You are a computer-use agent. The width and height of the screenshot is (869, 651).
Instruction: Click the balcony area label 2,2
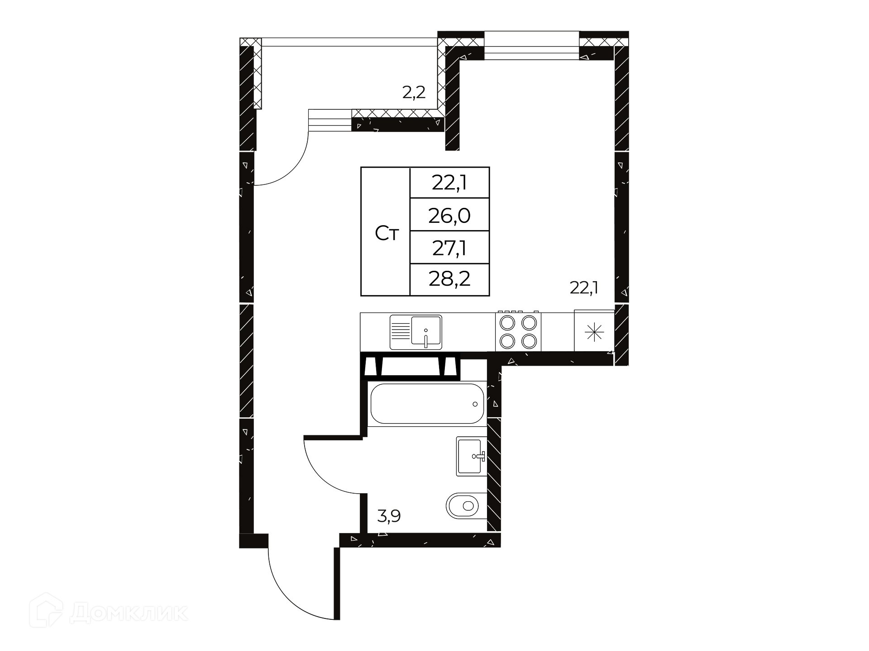(414, 93)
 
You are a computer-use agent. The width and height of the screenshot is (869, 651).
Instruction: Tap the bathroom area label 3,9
(389, 515)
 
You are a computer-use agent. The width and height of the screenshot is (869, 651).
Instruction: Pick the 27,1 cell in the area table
(449, 248)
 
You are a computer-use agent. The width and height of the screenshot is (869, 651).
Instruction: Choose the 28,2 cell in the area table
(449, 279)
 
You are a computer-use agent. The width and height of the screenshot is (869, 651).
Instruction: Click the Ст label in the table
(387, 234)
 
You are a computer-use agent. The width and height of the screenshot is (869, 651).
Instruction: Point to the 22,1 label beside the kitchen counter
(584, 288)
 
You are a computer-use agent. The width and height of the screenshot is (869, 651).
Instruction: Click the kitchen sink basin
(426, 332)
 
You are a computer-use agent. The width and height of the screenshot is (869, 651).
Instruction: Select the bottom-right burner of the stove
(528, 341)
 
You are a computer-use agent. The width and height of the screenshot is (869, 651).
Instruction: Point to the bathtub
(427, 404)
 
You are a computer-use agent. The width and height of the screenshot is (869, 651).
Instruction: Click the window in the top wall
(532, 45)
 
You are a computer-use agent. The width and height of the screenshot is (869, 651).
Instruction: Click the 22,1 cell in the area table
(449, 183)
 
